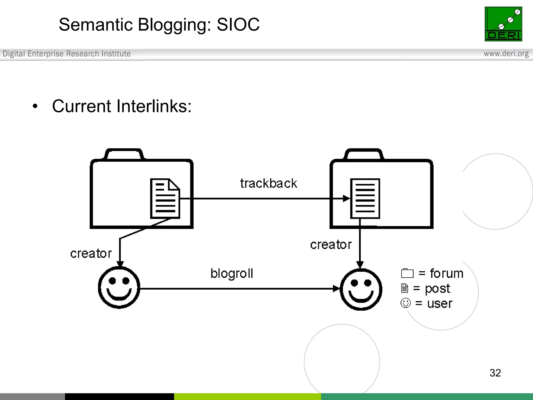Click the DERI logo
503,24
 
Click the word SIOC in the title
238,25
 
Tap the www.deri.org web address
506,54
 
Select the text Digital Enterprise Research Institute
67,54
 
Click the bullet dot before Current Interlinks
35,106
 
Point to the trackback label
268,183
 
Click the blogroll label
232,273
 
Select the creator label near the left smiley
91,253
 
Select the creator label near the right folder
331,245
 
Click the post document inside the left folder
165,198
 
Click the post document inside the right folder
365,198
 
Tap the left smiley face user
119,287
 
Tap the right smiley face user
361,289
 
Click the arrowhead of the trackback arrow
346,198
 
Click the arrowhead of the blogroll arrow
336,289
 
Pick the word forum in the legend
447,273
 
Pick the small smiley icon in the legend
405,303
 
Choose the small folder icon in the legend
407,273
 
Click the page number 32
495,373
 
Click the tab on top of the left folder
124,154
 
